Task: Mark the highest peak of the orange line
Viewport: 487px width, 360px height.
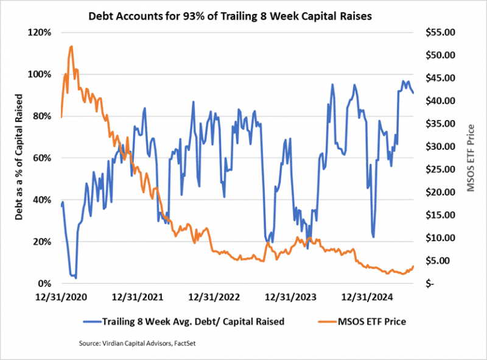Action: click(71, 46)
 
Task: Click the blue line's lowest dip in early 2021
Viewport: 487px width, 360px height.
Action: click(75, 278)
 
